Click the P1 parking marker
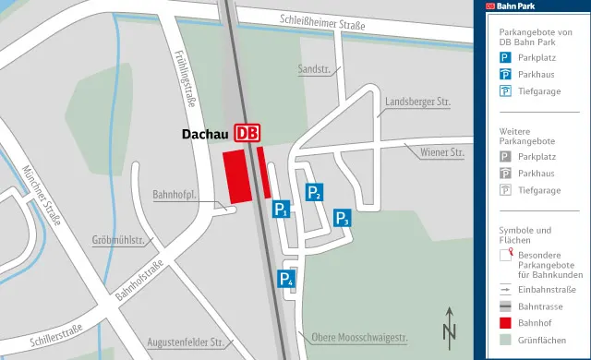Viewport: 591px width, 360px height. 283,210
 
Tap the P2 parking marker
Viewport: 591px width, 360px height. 314,191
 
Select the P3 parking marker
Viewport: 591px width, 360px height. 342,218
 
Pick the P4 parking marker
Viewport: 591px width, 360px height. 287,280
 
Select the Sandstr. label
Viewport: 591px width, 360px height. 313,69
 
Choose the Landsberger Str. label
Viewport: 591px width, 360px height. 416,101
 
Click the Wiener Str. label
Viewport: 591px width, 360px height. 441,150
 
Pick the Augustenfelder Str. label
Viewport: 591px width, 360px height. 186,342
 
